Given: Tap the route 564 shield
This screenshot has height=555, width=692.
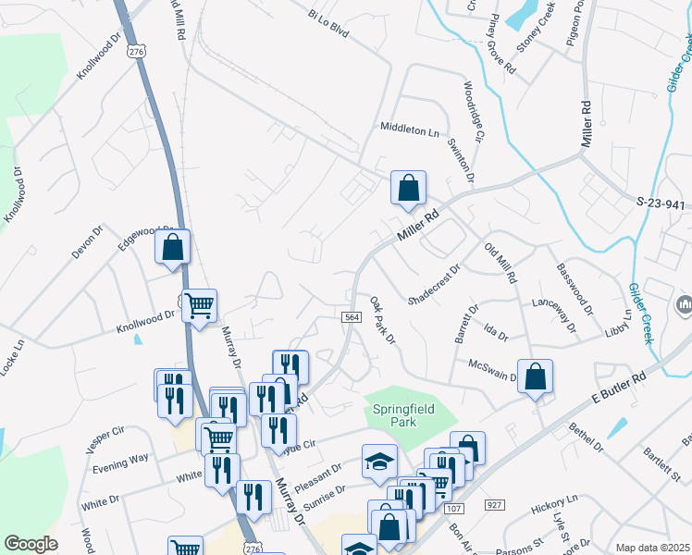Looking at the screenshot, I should [351, 317].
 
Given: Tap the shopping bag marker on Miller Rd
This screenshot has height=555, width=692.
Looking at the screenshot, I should [408, 189].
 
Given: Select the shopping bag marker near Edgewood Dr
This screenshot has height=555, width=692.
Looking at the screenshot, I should [172, 247].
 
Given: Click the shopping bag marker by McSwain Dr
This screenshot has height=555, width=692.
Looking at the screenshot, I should [535, 376].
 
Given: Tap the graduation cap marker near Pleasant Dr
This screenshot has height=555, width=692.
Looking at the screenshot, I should [378, 462].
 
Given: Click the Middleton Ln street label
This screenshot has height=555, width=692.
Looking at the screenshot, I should [410, 130].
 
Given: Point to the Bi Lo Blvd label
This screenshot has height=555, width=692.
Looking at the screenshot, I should [329, 22].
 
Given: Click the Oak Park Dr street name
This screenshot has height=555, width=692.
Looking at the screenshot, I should [382, 321].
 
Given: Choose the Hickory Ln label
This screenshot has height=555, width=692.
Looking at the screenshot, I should [554, 505].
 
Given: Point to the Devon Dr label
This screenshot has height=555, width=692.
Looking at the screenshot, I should [89, 243].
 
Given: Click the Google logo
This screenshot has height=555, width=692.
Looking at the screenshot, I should [31, 544].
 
